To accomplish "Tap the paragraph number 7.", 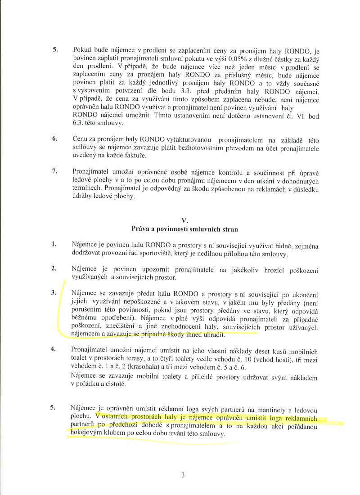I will click(x=54, y=171).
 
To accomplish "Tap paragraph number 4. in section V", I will click(x=54, y=349).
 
